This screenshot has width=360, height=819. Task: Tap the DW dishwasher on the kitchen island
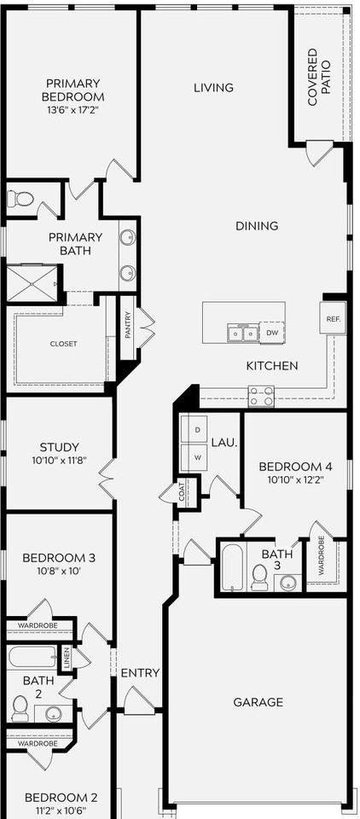[x=272, y=333]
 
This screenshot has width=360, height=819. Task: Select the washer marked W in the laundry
[x=197, y=456]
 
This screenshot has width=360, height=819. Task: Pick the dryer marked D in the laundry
[x=197, y=430]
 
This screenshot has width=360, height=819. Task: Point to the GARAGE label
[x=258, y=702]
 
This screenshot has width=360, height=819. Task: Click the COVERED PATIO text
[x=318, y=78]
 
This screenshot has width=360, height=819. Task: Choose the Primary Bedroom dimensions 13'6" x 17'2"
[x=73, y=111]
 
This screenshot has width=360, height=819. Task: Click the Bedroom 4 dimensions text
[x=294, y=481]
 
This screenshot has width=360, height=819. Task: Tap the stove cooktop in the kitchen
[x=261, y=396]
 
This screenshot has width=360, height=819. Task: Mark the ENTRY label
[x=140, y=673]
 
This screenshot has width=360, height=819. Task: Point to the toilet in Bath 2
[x=20, y=707]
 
